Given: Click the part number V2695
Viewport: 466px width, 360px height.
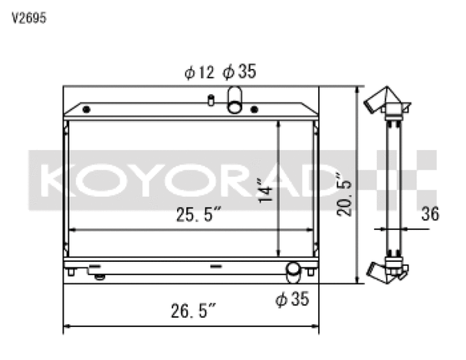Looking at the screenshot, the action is [x=29, y=18].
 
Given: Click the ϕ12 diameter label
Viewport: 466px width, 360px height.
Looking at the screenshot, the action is [x=199, y=72].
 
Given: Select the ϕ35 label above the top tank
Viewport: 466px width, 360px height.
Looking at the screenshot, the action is [x=239, y=71].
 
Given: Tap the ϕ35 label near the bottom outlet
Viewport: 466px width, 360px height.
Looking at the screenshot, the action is [x=292, y=299].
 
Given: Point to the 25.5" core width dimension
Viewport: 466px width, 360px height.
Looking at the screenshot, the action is [x=199, y=214].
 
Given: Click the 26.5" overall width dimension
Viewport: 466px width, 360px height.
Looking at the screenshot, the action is [x=193, y=311].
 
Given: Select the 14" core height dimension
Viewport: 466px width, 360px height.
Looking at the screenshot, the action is [x=265, y=191].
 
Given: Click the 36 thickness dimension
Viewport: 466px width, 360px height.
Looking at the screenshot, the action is [x=430, y=214].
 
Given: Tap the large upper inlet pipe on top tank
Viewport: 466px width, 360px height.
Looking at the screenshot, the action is [x=235, y=100].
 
